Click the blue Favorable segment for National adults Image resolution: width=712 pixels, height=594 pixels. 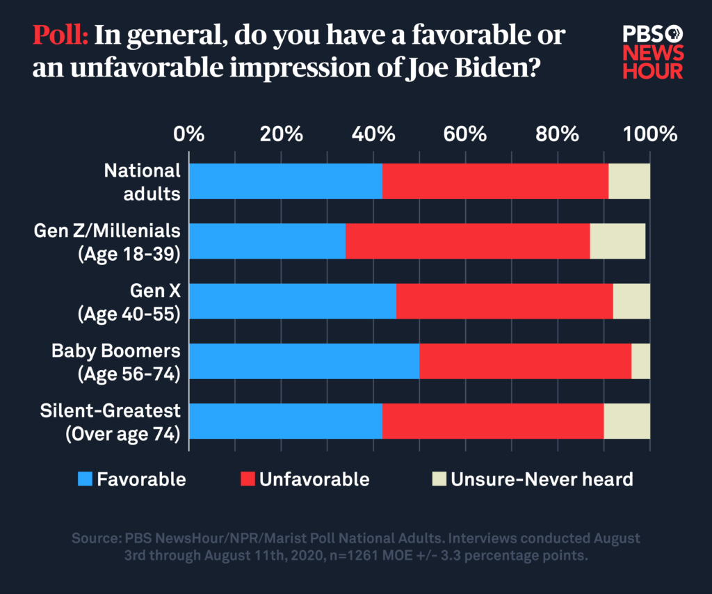point(285,182)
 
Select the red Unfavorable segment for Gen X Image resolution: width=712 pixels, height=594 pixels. point(504,301)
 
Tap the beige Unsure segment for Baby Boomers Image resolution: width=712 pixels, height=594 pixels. point(640,361)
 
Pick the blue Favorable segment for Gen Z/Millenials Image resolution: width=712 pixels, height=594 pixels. point(267,241)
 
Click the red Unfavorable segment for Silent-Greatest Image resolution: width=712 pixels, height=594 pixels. point(492,421)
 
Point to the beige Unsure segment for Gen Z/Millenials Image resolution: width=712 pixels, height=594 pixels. point(617,241)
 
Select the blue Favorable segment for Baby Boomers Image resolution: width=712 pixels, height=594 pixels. point(304,361)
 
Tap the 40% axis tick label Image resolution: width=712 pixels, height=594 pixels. point(374,134)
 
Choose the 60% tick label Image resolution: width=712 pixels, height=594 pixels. point(465,134)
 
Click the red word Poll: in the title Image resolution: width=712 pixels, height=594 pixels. point(60,35)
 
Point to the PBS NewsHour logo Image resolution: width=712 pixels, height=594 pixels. point(653,52)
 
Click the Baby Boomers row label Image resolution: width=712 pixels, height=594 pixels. point(115,362)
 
